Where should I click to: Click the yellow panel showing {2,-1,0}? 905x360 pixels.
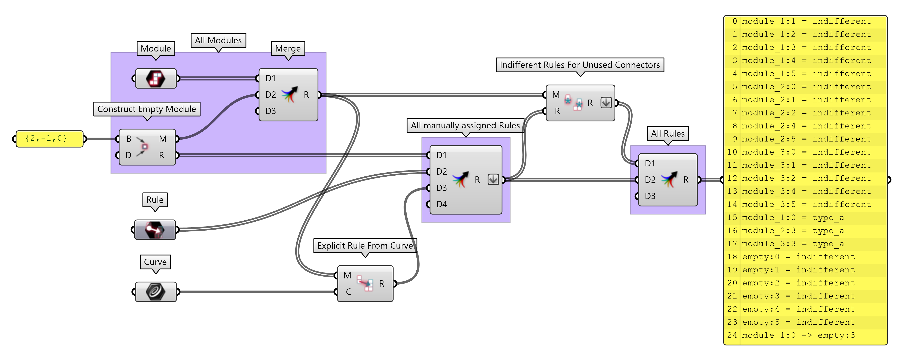49,139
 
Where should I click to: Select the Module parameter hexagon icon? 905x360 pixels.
156,78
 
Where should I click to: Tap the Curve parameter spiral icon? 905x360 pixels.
156,292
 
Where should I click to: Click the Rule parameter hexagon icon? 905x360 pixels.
155,230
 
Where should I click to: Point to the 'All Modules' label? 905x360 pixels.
218,40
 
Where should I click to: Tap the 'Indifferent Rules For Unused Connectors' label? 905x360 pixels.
579,65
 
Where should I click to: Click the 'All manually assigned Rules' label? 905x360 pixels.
465,125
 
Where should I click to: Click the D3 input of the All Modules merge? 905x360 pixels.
270,111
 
